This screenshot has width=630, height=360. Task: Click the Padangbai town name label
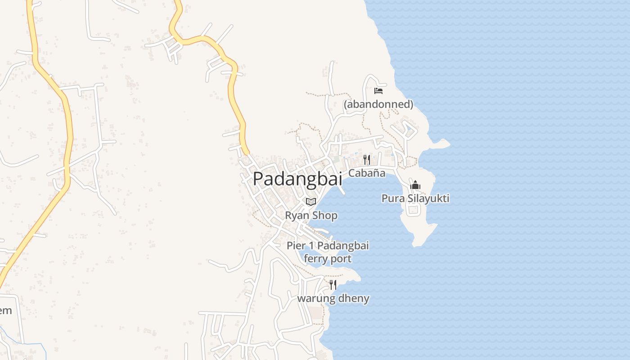[x=297, y=179]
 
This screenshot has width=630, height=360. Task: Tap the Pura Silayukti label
[x=415, y=198]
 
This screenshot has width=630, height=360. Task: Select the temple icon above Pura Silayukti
[x=415, y=185]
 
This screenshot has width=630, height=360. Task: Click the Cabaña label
[x=367, y=173]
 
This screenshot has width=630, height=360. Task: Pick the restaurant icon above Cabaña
[x=367, y=160]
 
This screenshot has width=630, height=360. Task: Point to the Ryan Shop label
[x=311, y=215]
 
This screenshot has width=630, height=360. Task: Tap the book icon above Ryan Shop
[x=311, y=202]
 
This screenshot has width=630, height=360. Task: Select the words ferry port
[x=328, y=259]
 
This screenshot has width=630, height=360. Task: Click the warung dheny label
[x=333, y=298]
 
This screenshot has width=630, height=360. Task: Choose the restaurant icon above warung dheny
[x=333, y=284]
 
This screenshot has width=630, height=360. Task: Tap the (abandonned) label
[x=378, y=104]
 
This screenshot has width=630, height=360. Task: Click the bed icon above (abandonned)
[x=378, y=90]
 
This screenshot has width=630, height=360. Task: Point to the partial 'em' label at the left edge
[x=5, y=310]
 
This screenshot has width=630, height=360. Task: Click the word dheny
[x=353, y=298]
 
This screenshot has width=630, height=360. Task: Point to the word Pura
[x=392, y=198]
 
